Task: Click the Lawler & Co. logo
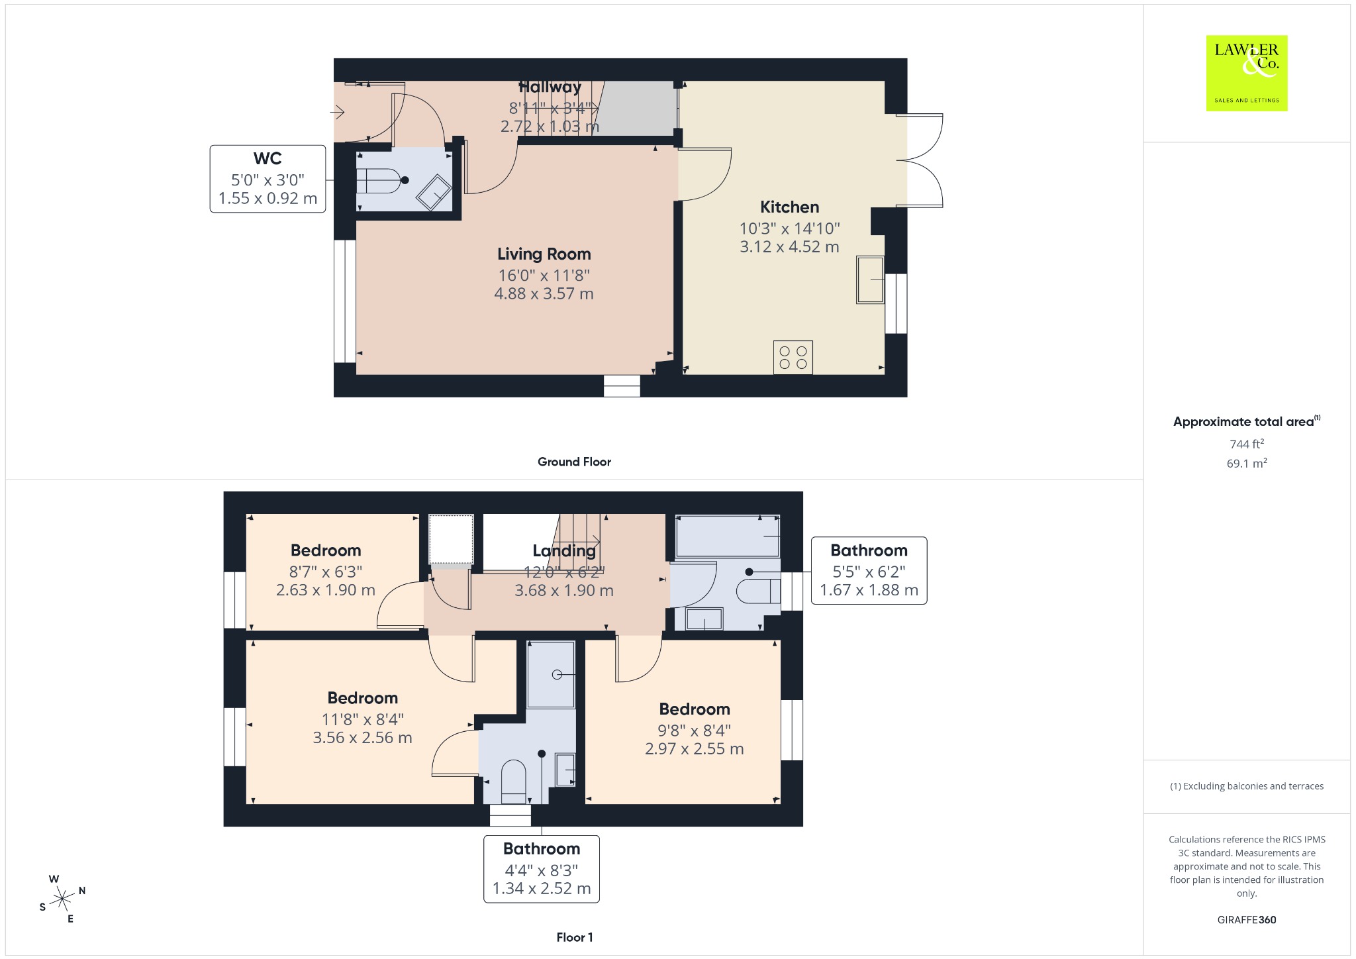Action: click(1246, 73)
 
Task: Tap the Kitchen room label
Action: click(789, 207)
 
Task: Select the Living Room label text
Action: click(544, 254)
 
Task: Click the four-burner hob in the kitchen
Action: click(793, 358)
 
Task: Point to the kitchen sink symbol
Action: click(870, 279)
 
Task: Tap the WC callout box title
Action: click(267, 159)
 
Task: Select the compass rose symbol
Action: click(62, 899)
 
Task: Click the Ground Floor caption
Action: click(574, 462)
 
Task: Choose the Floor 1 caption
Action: click(574, 937)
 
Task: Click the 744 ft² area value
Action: click(1246, 444)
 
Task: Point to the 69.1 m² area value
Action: click(1246, 463)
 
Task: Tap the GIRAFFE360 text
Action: click(1246, 920)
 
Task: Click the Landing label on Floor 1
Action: click(564, 551)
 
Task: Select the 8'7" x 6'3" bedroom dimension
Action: click(326, 572)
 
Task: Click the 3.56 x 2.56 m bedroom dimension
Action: click(362, 738)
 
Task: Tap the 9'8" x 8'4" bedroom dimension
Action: click(694, 731)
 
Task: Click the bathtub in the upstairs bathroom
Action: click(728, 536)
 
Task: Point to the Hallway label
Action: click(550, 87)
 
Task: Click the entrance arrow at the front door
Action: click(338, 113)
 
